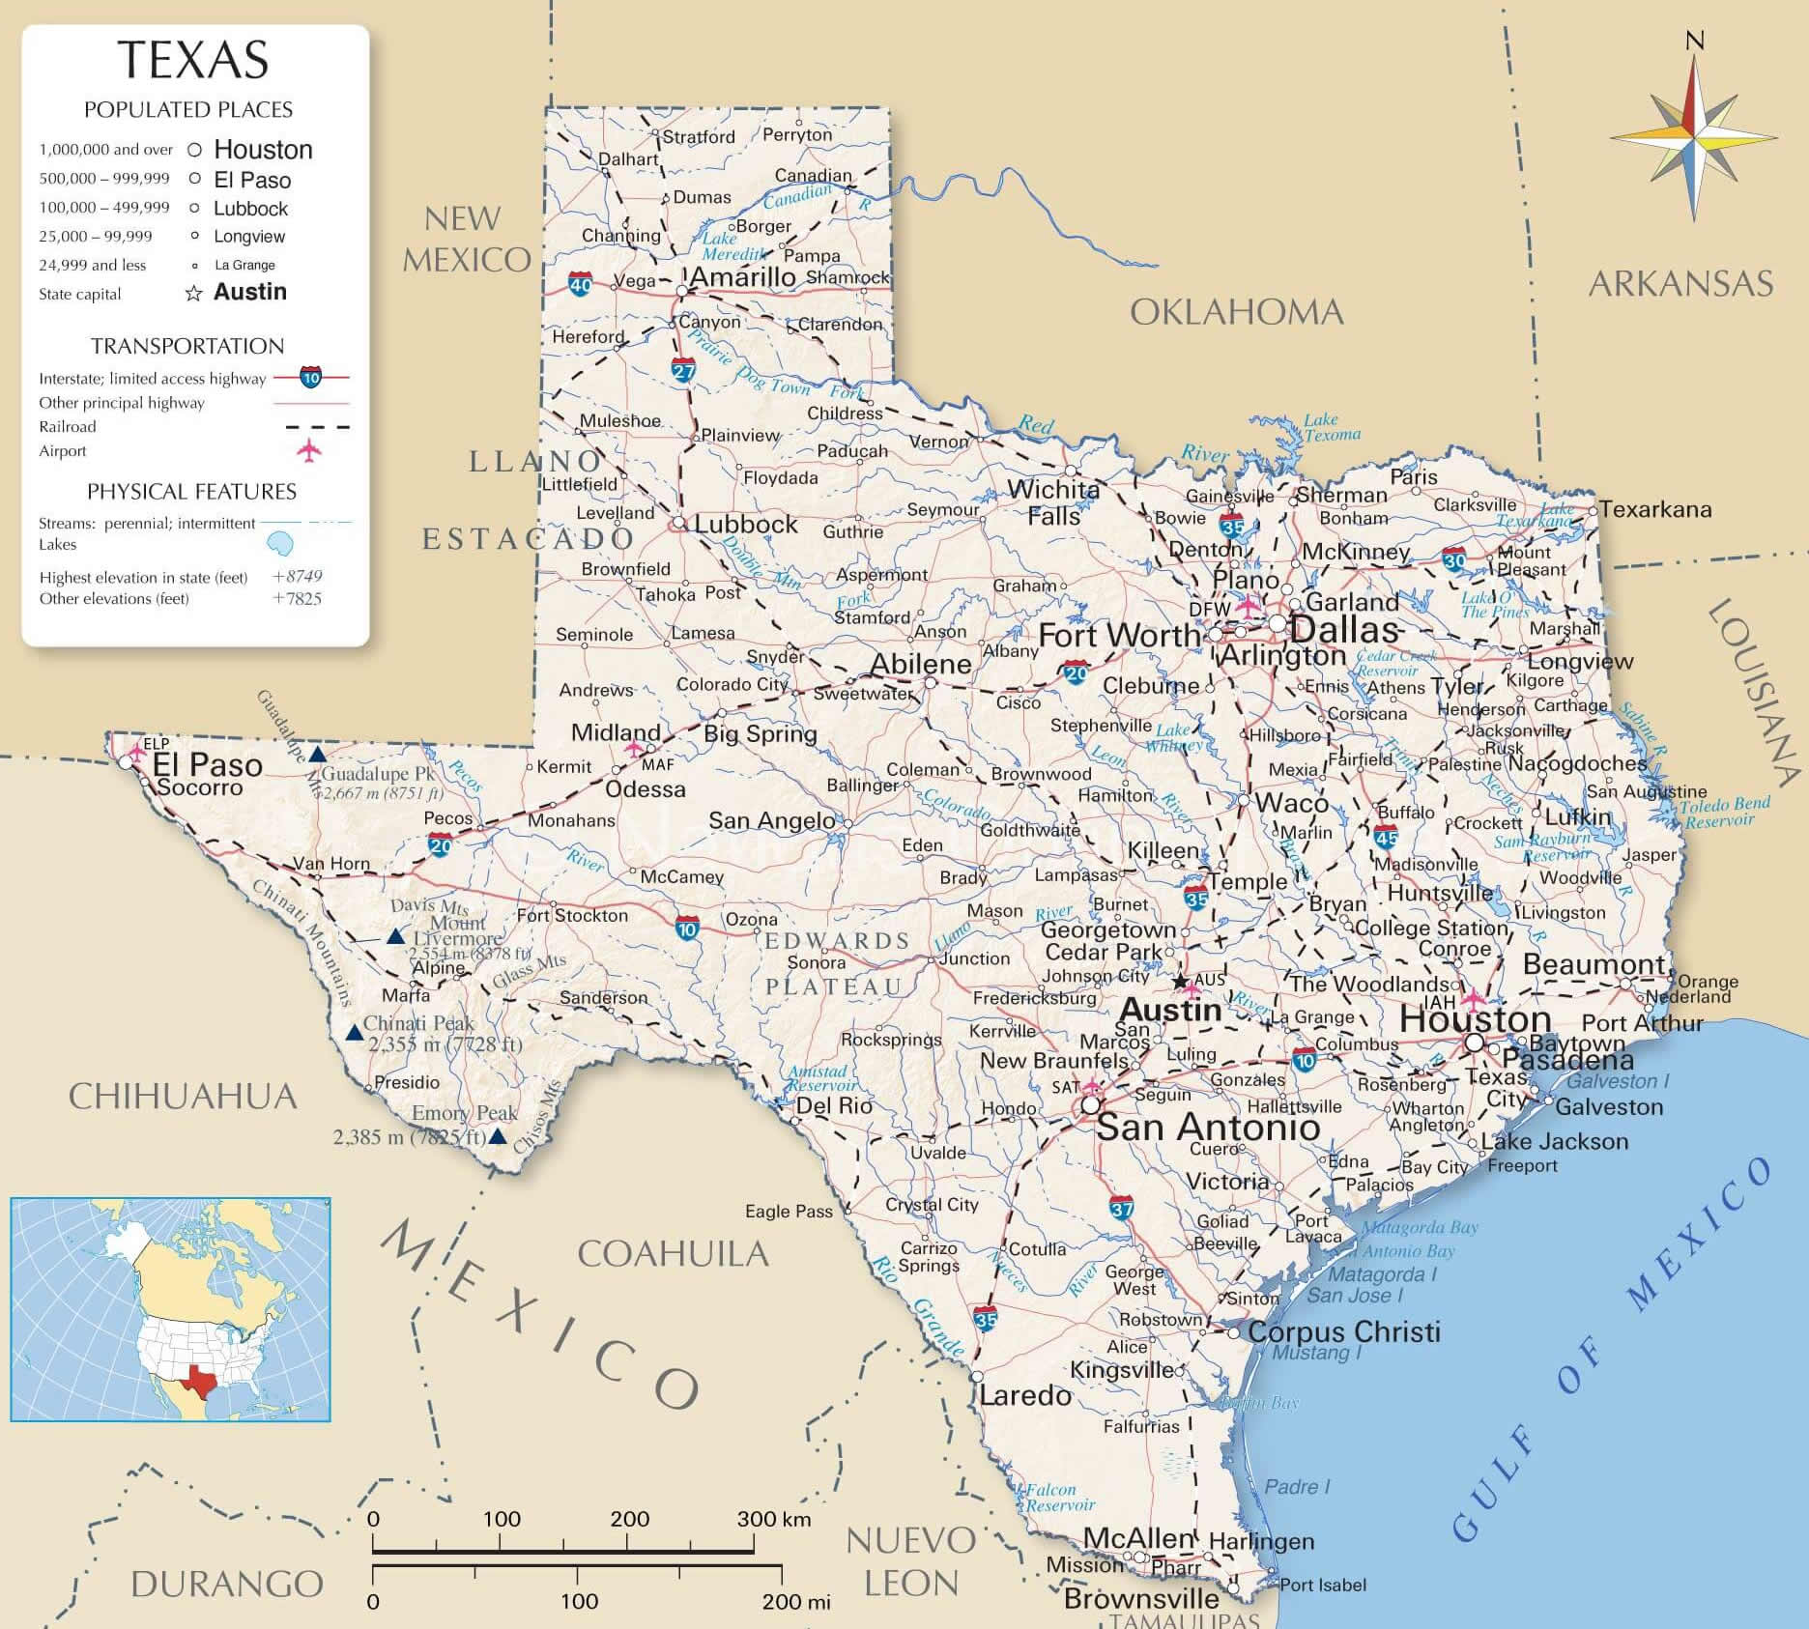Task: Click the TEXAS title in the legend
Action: pos(193,60)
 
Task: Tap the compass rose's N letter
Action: pos(1694,41)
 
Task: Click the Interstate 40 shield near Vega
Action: pos(580,284)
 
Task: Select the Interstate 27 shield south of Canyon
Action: pos(683,370)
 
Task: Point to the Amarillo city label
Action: pos(743,277)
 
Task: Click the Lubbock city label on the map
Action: pos(746,524)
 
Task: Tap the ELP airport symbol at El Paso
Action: pos(137,751)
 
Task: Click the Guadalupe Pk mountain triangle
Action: pos(316,755)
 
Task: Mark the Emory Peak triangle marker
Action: pos(497,1137)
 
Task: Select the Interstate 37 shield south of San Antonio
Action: pos(1121,1208)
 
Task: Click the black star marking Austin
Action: pos(1180,982)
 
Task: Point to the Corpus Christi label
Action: pos(1343,1331)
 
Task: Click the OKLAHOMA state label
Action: pos(1236,312)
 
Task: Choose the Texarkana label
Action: pos(1654,509)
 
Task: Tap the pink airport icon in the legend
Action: pos(308,450)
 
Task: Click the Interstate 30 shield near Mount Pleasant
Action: pos(1454,559)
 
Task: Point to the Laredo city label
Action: pos(1025,1395)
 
